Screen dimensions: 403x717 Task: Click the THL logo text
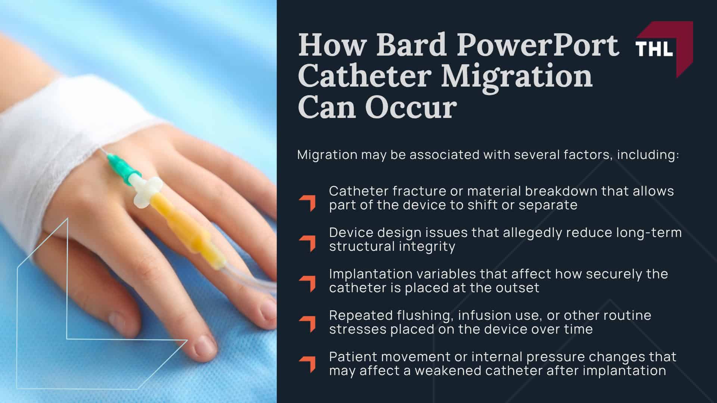654,49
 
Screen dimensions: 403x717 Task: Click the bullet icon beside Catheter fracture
307,203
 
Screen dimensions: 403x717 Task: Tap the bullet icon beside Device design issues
307,244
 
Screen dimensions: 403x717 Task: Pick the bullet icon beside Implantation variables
307,284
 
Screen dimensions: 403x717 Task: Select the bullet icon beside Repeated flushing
307,324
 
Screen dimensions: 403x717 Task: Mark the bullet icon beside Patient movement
307,365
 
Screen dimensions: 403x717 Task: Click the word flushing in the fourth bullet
425,315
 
